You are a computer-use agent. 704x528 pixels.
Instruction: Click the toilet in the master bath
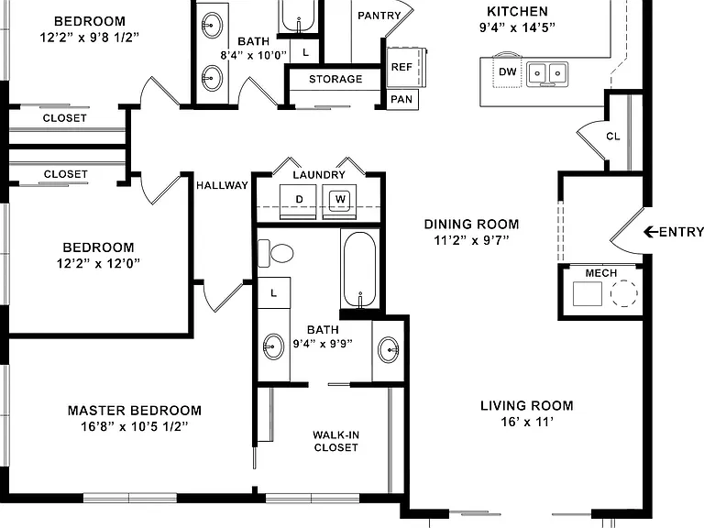click(275, 253)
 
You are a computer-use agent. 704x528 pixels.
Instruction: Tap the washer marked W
click(339, 202)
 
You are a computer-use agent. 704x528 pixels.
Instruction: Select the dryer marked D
click(297, 202)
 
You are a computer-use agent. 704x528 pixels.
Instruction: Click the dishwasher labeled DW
click(507, 70)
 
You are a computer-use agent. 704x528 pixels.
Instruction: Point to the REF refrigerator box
click(403, 67)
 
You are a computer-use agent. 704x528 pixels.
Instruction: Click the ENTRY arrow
click(651, 232)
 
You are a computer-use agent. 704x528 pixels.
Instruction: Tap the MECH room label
click(601, 273)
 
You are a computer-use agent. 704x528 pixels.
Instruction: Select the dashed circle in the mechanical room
click(623, 293)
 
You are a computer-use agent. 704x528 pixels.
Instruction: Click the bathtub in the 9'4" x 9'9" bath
click(359, 269)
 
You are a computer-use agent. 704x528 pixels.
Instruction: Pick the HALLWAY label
click(222, 185)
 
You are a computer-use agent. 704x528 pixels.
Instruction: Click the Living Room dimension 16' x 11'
click(527, 422)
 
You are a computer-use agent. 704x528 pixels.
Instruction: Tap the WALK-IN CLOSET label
click(335, 441)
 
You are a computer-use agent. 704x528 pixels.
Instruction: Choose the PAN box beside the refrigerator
click(402, 99)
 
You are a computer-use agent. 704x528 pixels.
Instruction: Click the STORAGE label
click(335, 79)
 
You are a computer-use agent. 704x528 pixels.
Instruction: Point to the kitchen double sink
click(547, 74)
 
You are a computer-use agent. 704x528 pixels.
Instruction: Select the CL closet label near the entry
click(613, 136)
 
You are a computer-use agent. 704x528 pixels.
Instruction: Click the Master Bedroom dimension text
click(134, 426)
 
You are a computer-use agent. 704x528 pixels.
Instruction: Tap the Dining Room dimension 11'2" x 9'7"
click(471, 240)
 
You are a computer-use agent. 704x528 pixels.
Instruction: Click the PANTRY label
click(379, 16)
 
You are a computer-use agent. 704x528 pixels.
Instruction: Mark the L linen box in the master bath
click(273, 292)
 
